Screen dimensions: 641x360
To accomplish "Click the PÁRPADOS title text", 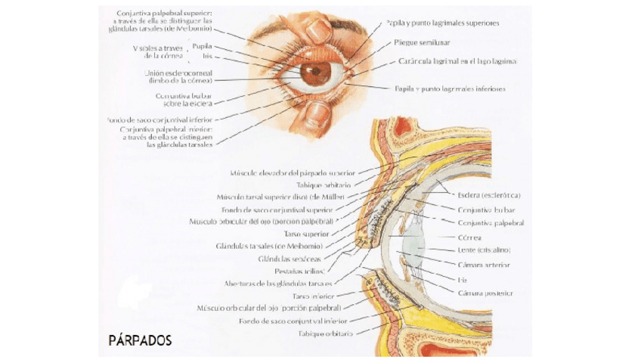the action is tap(140, 340).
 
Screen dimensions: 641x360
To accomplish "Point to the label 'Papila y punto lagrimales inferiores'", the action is tap(450, 88).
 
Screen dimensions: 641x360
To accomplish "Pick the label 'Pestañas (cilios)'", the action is tap(302, 271).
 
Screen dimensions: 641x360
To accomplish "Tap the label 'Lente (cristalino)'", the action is tap(484, 250).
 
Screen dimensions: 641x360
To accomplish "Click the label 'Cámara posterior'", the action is tap(485, 293).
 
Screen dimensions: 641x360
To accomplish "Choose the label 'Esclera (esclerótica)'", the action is tap(489, 195).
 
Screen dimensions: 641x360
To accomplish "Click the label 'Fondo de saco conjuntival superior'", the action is tap(277, 209).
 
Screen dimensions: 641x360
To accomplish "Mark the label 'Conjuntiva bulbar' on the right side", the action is tap(486, 209).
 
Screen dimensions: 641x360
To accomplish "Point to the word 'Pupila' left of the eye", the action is tap(201, 45).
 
